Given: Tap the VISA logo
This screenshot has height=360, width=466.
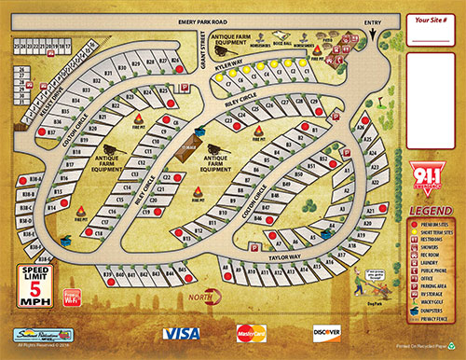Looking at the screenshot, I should click(x=181, y=333).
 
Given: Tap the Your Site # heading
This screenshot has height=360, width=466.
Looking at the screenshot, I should click(x=432, y=19).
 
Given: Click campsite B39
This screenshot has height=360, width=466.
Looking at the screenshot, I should click(x=108, y=274).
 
